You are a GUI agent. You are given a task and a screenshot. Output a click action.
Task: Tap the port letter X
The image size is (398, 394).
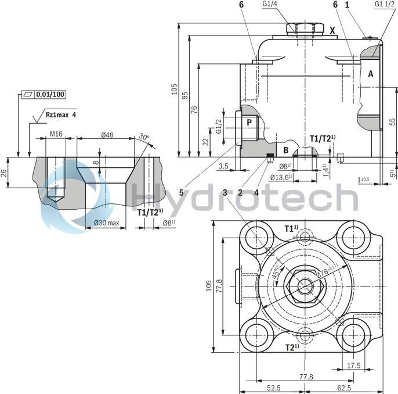(x=332, y=30)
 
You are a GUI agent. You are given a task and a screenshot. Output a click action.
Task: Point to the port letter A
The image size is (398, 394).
(x=370, y=74)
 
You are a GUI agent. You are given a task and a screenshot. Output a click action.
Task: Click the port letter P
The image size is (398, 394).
(x=249, y=123)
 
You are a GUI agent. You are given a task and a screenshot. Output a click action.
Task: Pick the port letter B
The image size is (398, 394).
(x=285, y=150)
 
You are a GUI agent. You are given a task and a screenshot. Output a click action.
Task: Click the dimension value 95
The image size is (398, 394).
(x=184, y=95)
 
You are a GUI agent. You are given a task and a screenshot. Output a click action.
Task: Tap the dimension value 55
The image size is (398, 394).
(x=392, y=121)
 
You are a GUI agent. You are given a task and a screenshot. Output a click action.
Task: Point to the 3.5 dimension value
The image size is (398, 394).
(x=223, y=166)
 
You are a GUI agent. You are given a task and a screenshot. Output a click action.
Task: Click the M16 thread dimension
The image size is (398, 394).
(x=56, y=134)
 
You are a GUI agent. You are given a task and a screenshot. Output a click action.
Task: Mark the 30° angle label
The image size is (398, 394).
(x=143, y=137)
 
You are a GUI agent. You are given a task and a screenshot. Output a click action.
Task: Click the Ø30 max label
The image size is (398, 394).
(x=106, y=223)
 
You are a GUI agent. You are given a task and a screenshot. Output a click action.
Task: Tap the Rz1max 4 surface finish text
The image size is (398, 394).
(x=61, y=115)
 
